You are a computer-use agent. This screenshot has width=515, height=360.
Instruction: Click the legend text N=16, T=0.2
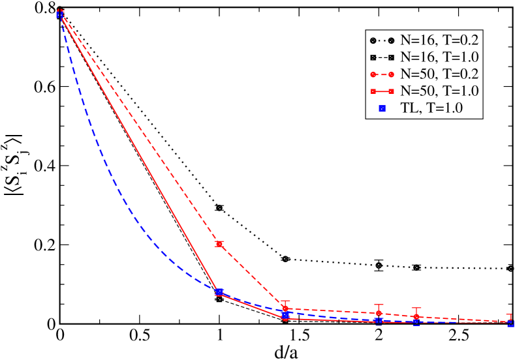tap(440, 40)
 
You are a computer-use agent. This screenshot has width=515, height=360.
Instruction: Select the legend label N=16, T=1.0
tap(440, 57)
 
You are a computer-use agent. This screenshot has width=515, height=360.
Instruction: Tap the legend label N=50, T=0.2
tap(440, 74)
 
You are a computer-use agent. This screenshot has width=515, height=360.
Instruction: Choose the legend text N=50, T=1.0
tap(440, 91)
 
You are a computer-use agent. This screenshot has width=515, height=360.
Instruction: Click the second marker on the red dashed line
tap(220, 244)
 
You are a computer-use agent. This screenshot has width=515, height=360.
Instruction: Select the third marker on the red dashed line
tap(285, 308)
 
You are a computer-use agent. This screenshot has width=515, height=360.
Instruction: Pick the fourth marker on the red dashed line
tap(379, 314)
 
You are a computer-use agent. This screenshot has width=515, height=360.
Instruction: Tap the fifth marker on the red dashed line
tap(416, 318)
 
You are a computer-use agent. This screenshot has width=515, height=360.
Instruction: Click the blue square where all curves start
tap(60, 14)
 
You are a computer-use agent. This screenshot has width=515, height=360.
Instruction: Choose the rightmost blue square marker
tap(510, 323)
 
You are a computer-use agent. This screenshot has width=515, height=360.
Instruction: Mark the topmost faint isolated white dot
tap(220, 208)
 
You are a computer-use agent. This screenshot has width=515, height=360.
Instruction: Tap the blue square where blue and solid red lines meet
tap(220, 292)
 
